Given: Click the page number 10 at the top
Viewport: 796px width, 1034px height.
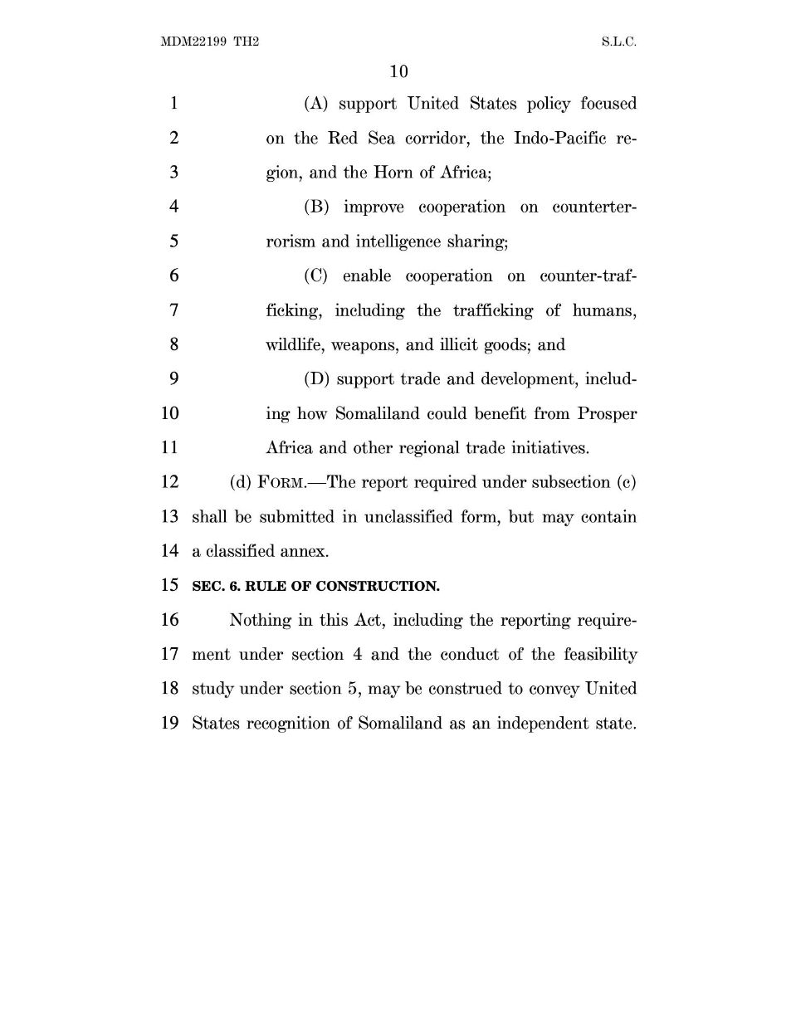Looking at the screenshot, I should [x=398, y=71].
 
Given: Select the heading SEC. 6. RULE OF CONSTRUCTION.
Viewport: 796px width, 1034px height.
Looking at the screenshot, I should [x=315, y=586].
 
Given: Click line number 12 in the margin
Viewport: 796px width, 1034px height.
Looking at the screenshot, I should [x=169, y=482].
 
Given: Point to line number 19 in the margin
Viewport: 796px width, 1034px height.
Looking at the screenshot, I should [x=169, y=723].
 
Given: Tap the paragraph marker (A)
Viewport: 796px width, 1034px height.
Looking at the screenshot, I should [x=317, y=104].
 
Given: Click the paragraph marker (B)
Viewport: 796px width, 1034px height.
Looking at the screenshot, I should [x=317, y=207].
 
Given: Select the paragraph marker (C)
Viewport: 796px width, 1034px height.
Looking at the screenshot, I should [x=317, y=276].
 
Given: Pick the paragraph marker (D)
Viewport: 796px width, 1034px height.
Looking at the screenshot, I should [x=317, y=379].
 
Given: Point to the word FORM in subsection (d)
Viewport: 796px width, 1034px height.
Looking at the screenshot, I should [x=277, y=483].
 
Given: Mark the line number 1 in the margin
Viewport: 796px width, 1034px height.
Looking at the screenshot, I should [x=173, y=104].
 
